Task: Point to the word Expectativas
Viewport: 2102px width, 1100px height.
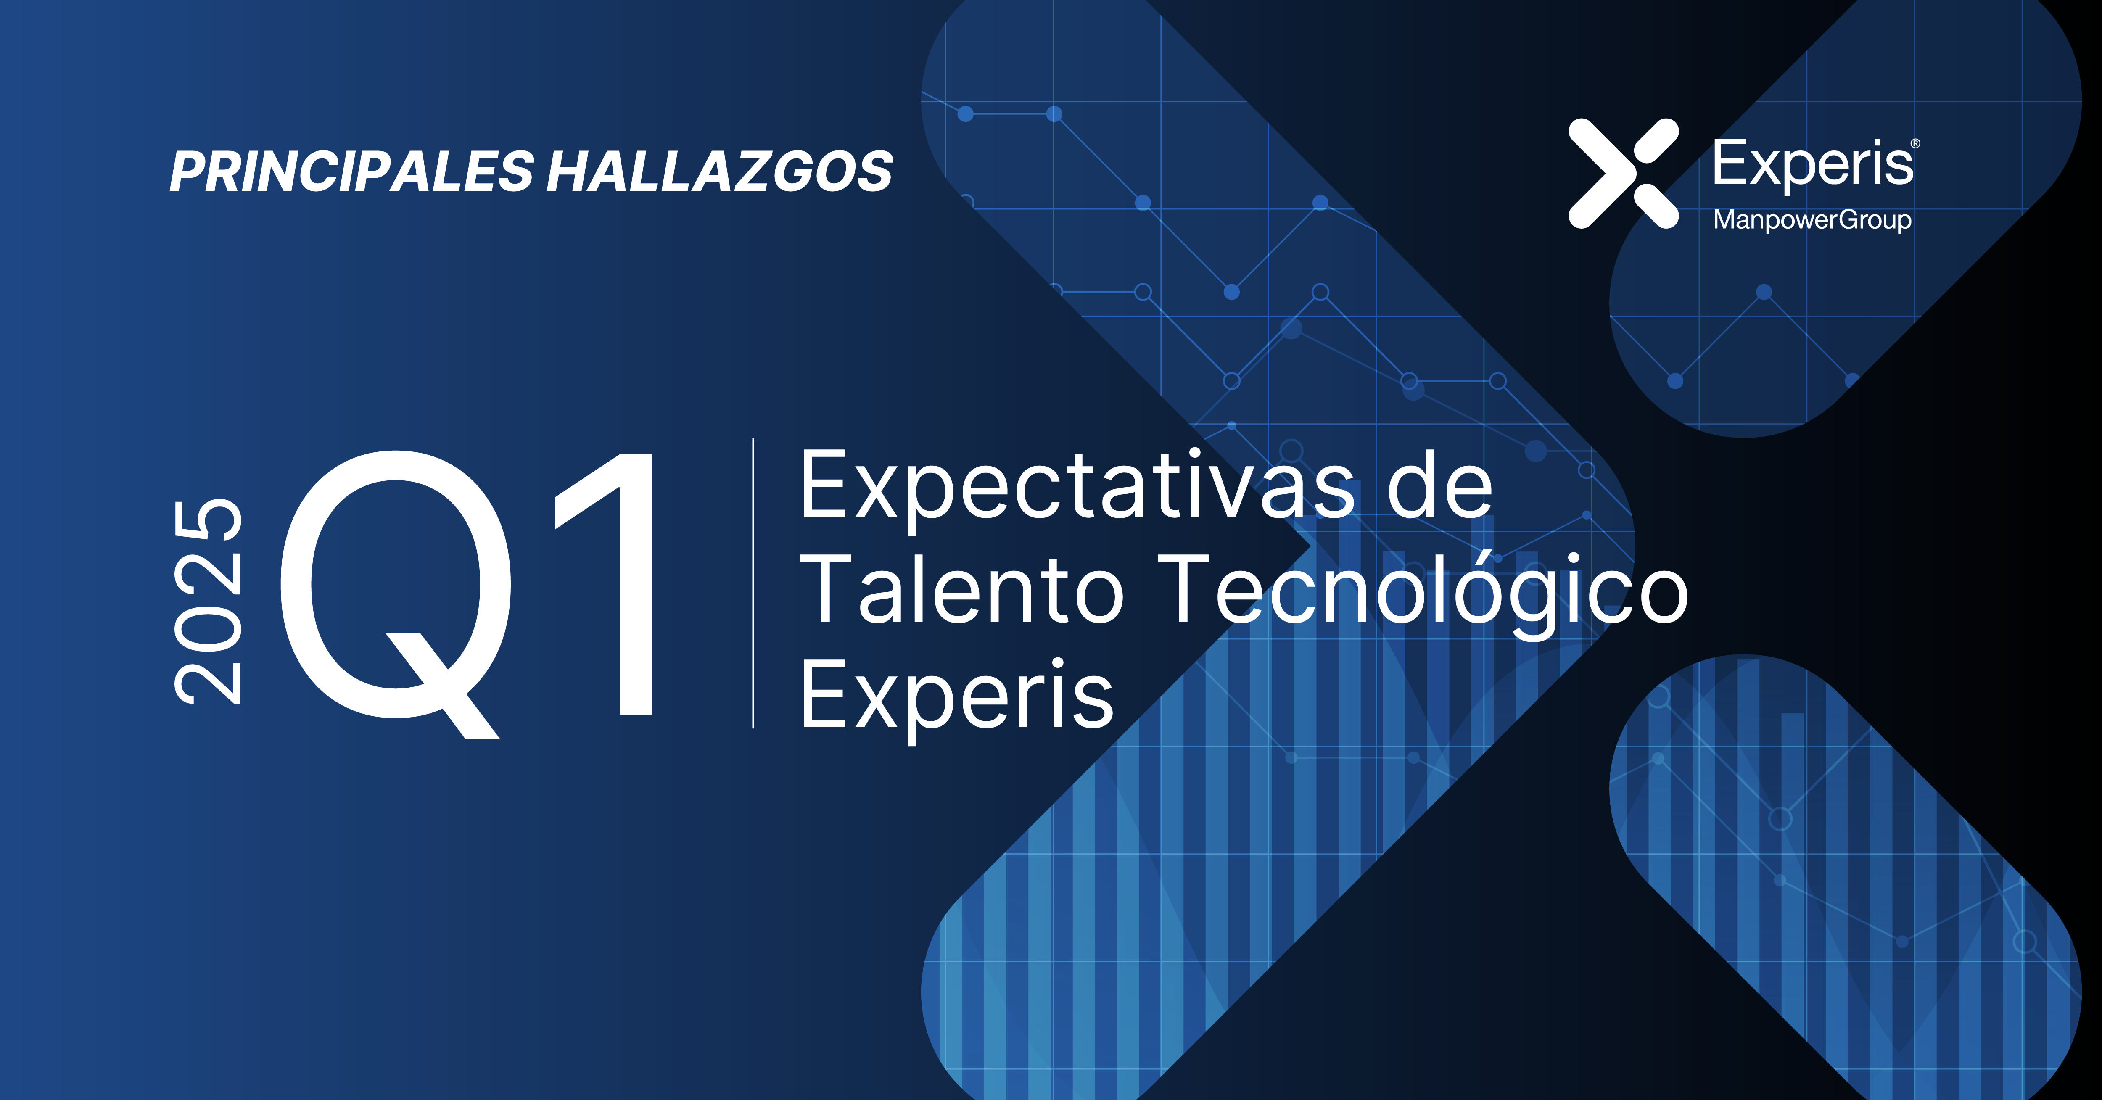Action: [1077, 488]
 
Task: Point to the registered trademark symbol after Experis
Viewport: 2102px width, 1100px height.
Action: [1915, 144]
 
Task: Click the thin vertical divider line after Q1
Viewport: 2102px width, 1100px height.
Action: [753, 583]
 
